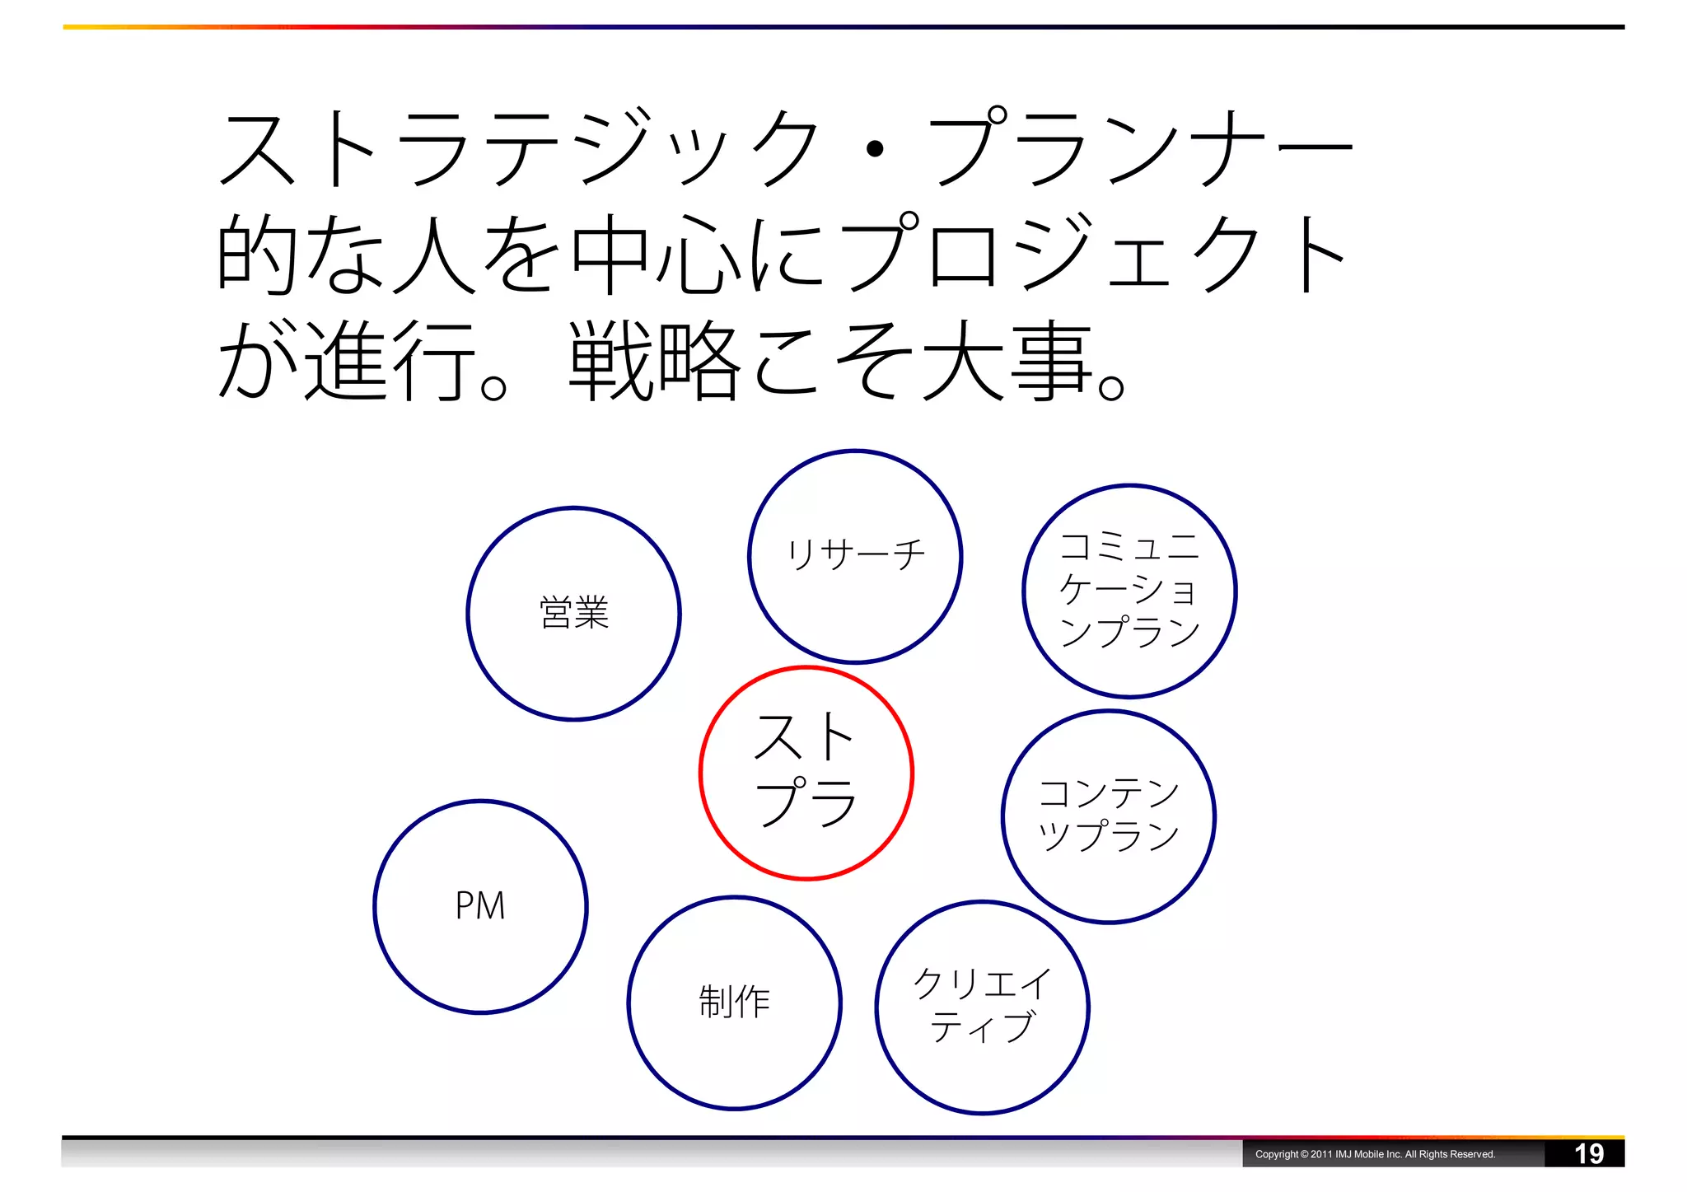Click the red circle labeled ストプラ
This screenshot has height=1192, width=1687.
806,773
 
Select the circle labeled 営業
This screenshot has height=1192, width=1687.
573,614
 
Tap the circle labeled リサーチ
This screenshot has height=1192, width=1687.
855,556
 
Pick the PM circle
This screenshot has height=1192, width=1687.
480,906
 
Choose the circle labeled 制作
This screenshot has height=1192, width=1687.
734,1003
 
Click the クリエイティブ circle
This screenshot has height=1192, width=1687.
982,1007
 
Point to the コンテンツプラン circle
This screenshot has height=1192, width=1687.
1108,816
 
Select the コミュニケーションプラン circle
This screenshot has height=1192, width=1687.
1129,591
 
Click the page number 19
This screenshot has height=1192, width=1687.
1588,1153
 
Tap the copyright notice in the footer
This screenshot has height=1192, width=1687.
1374,1154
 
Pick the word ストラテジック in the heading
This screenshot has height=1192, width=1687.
519,148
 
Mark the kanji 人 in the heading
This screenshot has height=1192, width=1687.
434,254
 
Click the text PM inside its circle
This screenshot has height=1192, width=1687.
480,906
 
